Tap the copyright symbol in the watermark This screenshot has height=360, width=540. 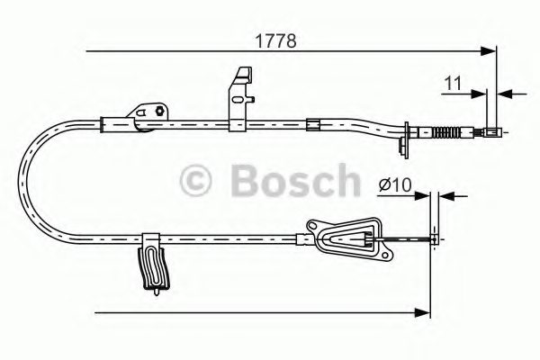click(x=197, y=180)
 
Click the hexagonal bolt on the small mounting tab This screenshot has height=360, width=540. click(x=160, y=112)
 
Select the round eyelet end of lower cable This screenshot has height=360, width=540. click(x=436, y=238)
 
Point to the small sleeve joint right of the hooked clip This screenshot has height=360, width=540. click(x=311, y=123)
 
